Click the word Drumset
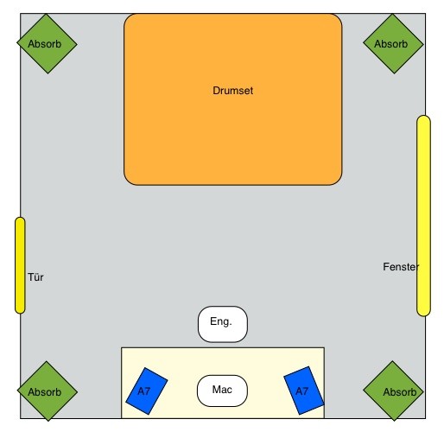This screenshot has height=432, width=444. [x=233, y=91]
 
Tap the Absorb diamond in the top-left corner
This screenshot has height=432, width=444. [x=48, y=43]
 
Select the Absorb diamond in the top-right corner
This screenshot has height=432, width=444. [x=393, y=43]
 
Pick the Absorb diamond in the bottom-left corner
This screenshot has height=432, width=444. [x=48, y=391]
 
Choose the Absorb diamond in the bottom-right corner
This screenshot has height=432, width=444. [x=393, y=391]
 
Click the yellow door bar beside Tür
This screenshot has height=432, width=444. [x=20, y=265]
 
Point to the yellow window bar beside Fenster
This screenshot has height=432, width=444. [x=423, y=216]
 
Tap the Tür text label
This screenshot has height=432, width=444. [x=35, y=277]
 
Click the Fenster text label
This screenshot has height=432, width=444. [x=401, y=267]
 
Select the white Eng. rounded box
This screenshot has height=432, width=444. [x=223, y=324]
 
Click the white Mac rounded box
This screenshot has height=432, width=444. [x=222, y=391]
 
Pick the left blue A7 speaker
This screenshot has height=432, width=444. [x=147, y=391]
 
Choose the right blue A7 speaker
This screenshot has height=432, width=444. [x=304, y=391]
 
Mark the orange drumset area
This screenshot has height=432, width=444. [x=233, y=99]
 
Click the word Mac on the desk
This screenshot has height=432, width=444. [x=222, y=390]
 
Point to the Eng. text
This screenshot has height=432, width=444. [x=221, y=321]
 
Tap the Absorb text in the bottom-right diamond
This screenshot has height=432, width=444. [x=400, y=392]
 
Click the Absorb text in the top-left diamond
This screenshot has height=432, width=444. [x=45, y=44]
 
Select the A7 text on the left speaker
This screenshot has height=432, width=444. [x=144, y=391]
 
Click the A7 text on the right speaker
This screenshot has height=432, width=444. [x=301, y=391]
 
